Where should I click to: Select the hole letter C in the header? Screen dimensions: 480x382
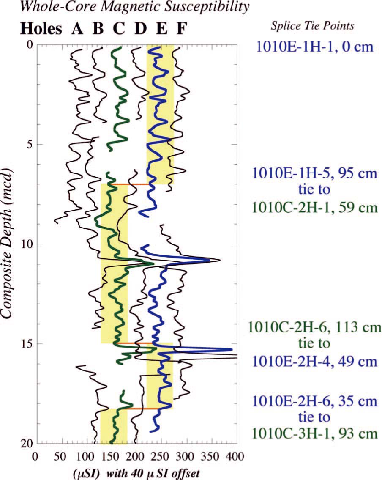coord(119,28)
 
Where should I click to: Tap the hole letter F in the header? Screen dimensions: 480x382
coord(181,28)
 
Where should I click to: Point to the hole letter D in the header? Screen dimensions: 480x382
coord(141,28)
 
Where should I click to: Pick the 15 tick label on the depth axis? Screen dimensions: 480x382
coord(24,344)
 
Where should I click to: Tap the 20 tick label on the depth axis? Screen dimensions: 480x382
coord(24,443)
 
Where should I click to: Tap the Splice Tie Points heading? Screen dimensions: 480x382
coord(313,27)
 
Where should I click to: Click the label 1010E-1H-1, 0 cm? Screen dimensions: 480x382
coord(312,46)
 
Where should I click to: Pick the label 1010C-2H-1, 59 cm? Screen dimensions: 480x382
coord(313,208)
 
